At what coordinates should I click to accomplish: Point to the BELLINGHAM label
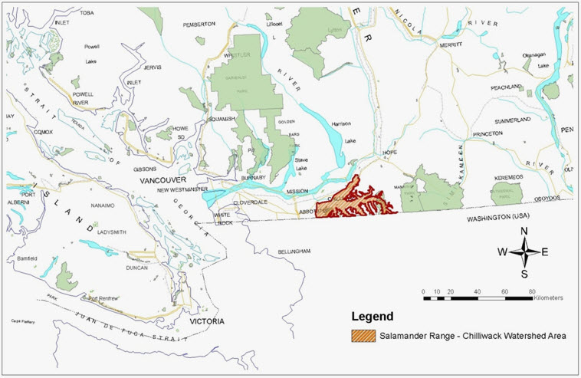(x=294, y=251)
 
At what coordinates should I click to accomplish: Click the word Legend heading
(x=372, y=316)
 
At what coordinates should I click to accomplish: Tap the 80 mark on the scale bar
(x=532, y=291)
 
